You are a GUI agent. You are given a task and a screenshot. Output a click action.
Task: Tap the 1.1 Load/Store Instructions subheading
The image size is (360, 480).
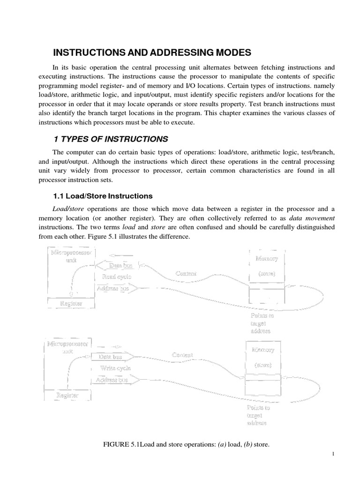tap(102, 195)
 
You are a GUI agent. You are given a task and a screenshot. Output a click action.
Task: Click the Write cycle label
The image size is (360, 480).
tap(115, 368)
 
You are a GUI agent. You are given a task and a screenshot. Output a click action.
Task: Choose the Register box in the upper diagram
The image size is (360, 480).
tap(72, 304)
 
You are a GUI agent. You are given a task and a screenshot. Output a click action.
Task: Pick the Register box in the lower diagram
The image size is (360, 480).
tap(67, 395)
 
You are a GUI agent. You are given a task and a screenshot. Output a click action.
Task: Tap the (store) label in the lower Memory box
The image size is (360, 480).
tap(263, 364)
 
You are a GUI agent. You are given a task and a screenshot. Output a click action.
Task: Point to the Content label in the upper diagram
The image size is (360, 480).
tap(186, 273)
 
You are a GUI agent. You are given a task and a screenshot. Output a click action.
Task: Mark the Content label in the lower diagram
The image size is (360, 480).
tap(182, 355)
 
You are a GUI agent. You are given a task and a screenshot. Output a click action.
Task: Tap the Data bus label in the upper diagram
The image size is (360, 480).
tap(120, 266)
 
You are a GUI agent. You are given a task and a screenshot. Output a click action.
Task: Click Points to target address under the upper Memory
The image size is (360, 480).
tap(262, 323)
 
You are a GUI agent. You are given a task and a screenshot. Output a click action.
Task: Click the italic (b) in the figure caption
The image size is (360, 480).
tap(244, 444)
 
